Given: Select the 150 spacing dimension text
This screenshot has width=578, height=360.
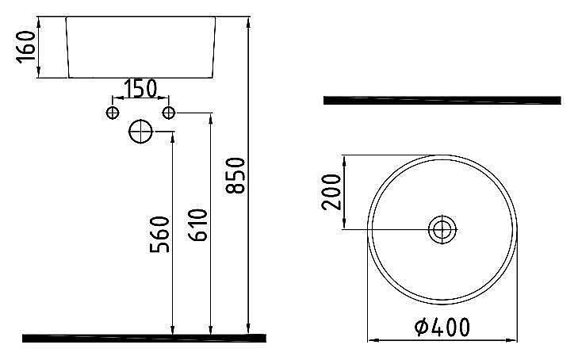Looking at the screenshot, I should point(140,88).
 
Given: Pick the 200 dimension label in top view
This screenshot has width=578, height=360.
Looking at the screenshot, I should point(331,190).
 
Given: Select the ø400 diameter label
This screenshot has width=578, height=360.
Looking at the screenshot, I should point(442,326).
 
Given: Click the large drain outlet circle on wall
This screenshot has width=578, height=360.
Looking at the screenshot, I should point(141,132).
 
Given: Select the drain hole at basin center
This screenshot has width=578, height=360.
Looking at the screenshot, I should point(442,230).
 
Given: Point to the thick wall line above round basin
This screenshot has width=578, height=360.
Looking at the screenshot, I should point(442,100).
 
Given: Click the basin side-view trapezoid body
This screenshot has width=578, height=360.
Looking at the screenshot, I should point(140,47).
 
